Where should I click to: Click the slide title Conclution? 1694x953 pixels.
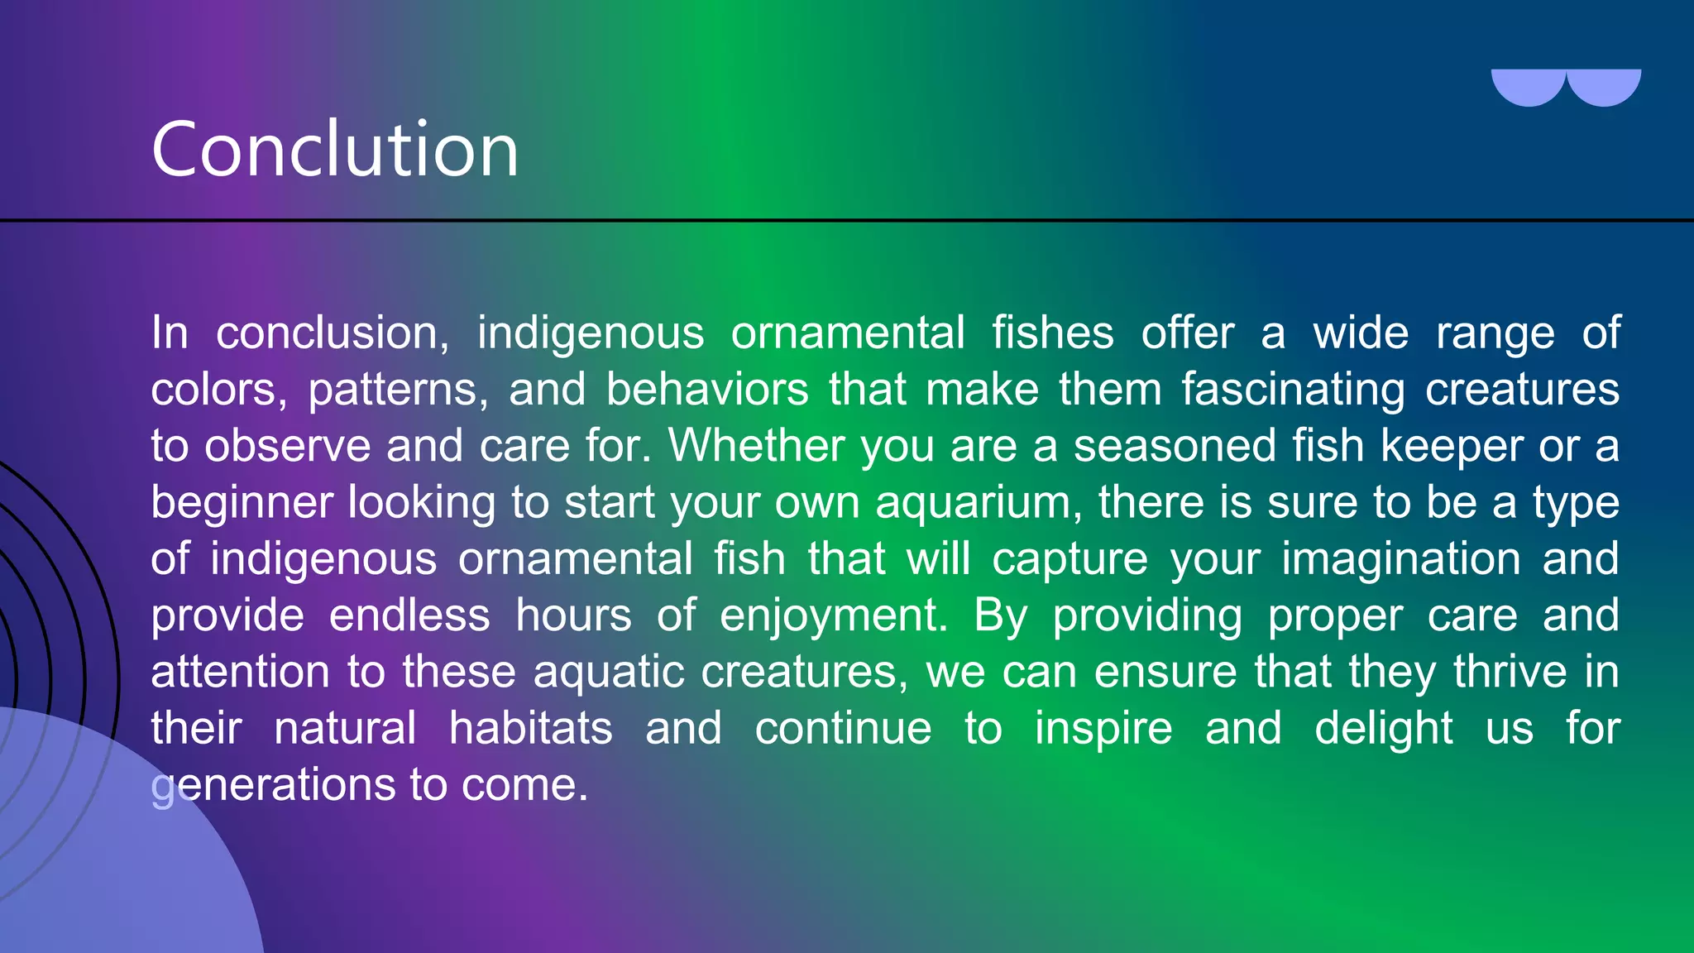tap(335, 149)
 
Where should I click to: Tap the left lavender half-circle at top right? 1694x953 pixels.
tap(1528, 86)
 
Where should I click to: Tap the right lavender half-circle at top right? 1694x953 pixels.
tap(1604, 86)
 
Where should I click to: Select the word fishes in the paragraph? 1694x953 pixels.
tap(1052, 333)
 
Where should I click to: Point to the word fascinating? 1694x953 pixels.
tap(1292, 390)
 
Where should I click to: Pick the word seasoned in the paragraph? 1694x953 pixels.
tap(1175, 446)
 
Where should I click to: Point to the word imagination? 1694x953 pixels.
tap(1400, 559)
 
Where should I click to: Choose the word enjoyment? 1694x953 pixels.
tap(833, 616)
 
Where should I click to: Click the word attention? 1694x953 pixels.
tap(240, 672)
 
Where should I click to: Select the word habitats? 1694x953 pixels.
tap(530, 729)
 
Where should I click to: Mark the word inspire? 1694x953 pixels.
tap(1103, 729)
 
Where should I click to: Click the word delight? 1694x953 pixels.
tap(1383, 729)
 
